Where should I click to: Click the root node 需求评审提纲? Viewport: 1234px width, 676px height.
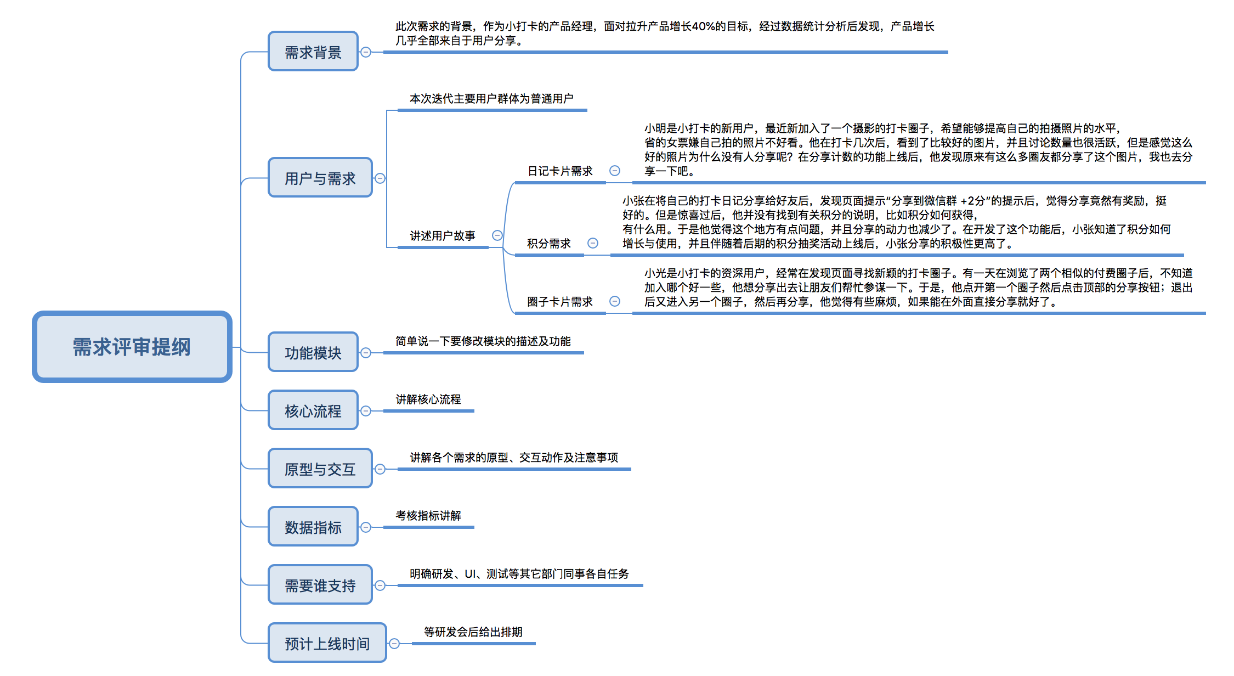coord(132,347)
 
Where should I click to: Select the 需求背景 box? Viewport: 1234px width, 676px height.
coord(313,52)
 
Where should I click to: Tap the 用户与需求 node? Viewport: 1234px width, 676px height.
coord(320,178)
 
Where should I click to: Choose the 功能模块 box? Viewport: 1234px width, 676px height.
coord(313,352)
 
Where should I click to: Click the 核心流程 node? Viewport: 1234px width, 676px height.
coord(313,410)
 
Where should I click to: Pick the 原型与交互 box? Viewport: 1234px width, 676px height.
coord(320,469)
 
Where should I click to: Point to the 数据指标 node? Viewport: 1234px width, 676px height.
coord(313,527)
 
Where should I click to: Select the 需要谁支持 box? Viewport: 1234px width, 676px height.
coord(320,585)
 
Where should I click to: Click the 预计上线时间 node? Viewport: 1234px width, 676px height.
coord(327,643)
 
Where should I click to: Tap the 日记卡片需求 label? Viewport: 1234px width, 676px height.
coord(560,171)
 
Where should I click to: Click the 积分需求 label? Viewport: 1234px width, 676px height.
coord(549,244)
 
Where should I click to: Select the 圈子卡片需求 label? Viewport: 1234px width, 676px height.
coord(560,302)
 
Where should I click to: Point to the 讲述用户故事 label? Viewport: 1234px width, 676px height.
coord(443,236)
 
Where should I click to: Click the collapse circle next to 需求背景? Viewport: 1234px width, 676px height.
coord(366,52)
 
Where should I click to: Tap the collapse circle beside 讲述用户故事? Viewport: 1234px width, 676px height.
coord(497,235)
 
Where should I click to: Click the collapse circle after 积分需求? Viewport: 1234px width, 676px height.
coord(593,243)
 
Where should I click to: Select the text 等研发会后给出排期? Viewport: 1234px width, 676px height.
coord(473,632)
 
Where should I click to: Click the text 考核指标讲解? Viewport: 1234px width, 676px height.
coord(428,516)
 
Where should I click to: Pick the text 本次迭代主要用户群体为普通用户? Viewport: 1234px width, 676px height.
coord(491,99)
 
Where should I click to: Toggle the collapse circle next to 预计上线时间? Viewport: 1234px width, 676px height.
coord(394,644)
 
